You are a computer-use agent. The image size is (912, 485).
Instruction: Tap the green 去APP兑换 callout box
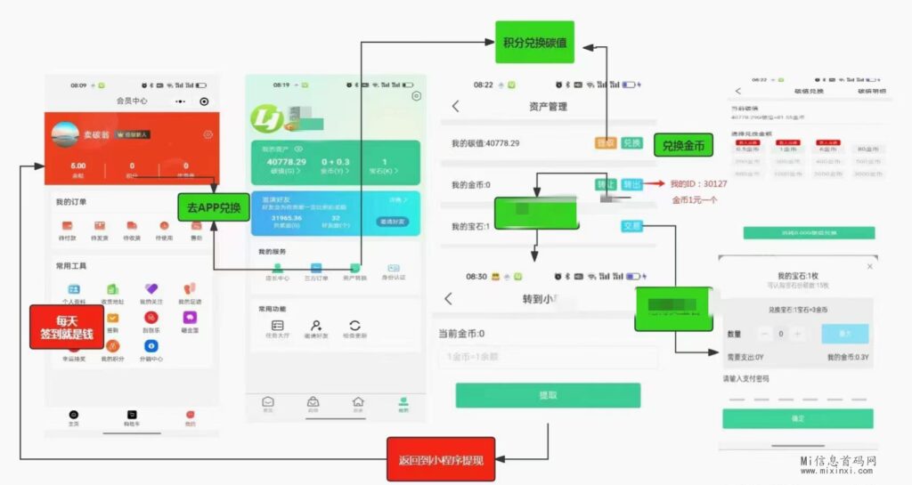(213, 207)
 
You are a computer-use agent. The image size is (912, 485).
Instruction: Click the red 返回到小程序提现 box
(440, 460)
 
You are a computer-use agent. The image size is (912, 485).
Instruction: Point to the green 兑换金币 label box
(684, 146)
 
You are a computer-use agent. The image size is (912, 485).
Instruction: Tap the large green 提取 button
(548, 395)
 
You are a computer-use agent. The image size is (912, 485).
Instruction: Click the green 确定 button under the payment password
(797, 418)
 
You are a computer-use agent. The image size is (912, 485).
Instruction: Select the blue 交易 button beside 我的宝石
(631, 226)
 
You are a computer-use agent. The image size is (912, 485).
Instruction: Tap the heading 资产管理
(548, 107)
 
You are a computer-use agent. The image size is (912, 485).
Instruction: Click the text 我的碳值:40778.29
(485, 142)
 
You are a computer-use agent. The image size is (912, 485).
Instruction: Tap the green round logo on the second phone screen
(265, 116)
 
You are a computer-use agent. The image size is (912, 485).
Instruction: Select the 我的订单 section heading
(71, 202)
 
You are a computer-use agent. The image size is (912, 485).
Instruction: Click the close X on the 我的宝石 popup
(870, 266)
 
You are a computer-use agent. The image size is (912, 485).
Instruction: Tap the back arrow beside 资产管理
(455, 107)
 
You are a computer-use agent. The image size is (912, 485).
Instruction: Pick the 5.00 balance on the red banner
(78, 166)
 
